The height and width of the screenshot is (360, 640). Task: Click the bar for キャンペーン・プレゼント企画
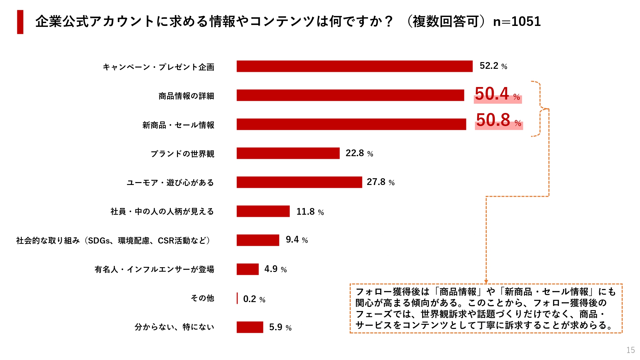click(x=354, y=66)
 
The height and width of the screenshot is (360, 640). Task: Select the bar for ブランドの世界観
click(x=288, y=153)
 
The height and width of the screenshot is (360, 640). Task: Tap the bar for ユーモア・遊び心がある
click(x=299, y=182)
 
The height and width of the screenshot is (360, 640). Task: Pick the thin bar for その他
click(x=237, y=298)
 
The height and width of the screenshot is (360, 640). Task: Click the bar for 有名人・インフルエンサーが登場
click(x=247, y=269)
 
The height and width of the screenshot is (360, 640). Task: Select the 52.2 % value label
click(x=493, y=66)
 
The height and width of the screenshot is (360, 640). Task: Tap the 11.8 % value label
click(x=310, y=212)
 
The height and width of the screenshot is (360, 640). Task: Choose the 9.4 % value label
click(x=297, y=240)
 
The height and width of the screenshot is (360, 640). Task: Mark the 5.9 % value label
click(x=280, y=327)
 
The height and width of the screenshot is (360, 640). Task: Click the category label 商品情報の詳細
click(x=186, y=96)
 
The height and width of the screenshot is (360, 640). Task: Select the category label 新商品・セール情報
click(x=178, y=125)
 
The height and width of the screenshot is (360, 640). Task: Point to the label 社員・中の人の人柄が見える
click(x=162, y=212)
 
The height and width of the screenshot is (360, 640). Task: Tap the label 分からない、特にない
click(x=174, y=327)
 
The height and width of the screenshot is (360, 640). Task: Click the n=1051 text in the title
click(x=517, y=22)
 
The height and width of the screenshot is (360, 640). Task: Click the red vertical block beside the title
click(x=20, y=22)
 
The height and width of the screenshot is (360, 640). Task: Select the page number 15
click(x=630, y=350)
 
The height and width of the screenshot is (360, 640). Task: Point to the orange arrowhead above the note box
click(x=486, y=281)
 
